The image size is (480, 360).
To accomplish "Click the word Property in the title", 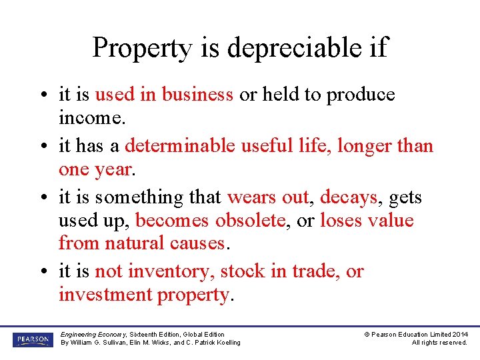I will pyautogui.click(x=133, y=48).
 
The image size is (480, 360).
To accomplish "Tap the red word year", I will pyautogui.click(x=114, y=169).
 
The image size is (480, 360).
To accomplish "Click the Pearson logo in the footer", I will pyautogui.click(x=32, y=339).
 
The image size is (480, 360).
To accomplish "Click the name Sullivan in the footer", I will pyautogui.click(x=117, y=343).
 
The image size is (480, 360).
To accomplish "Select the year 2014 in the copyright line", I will pyautogui.click(x=459, y=334).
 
